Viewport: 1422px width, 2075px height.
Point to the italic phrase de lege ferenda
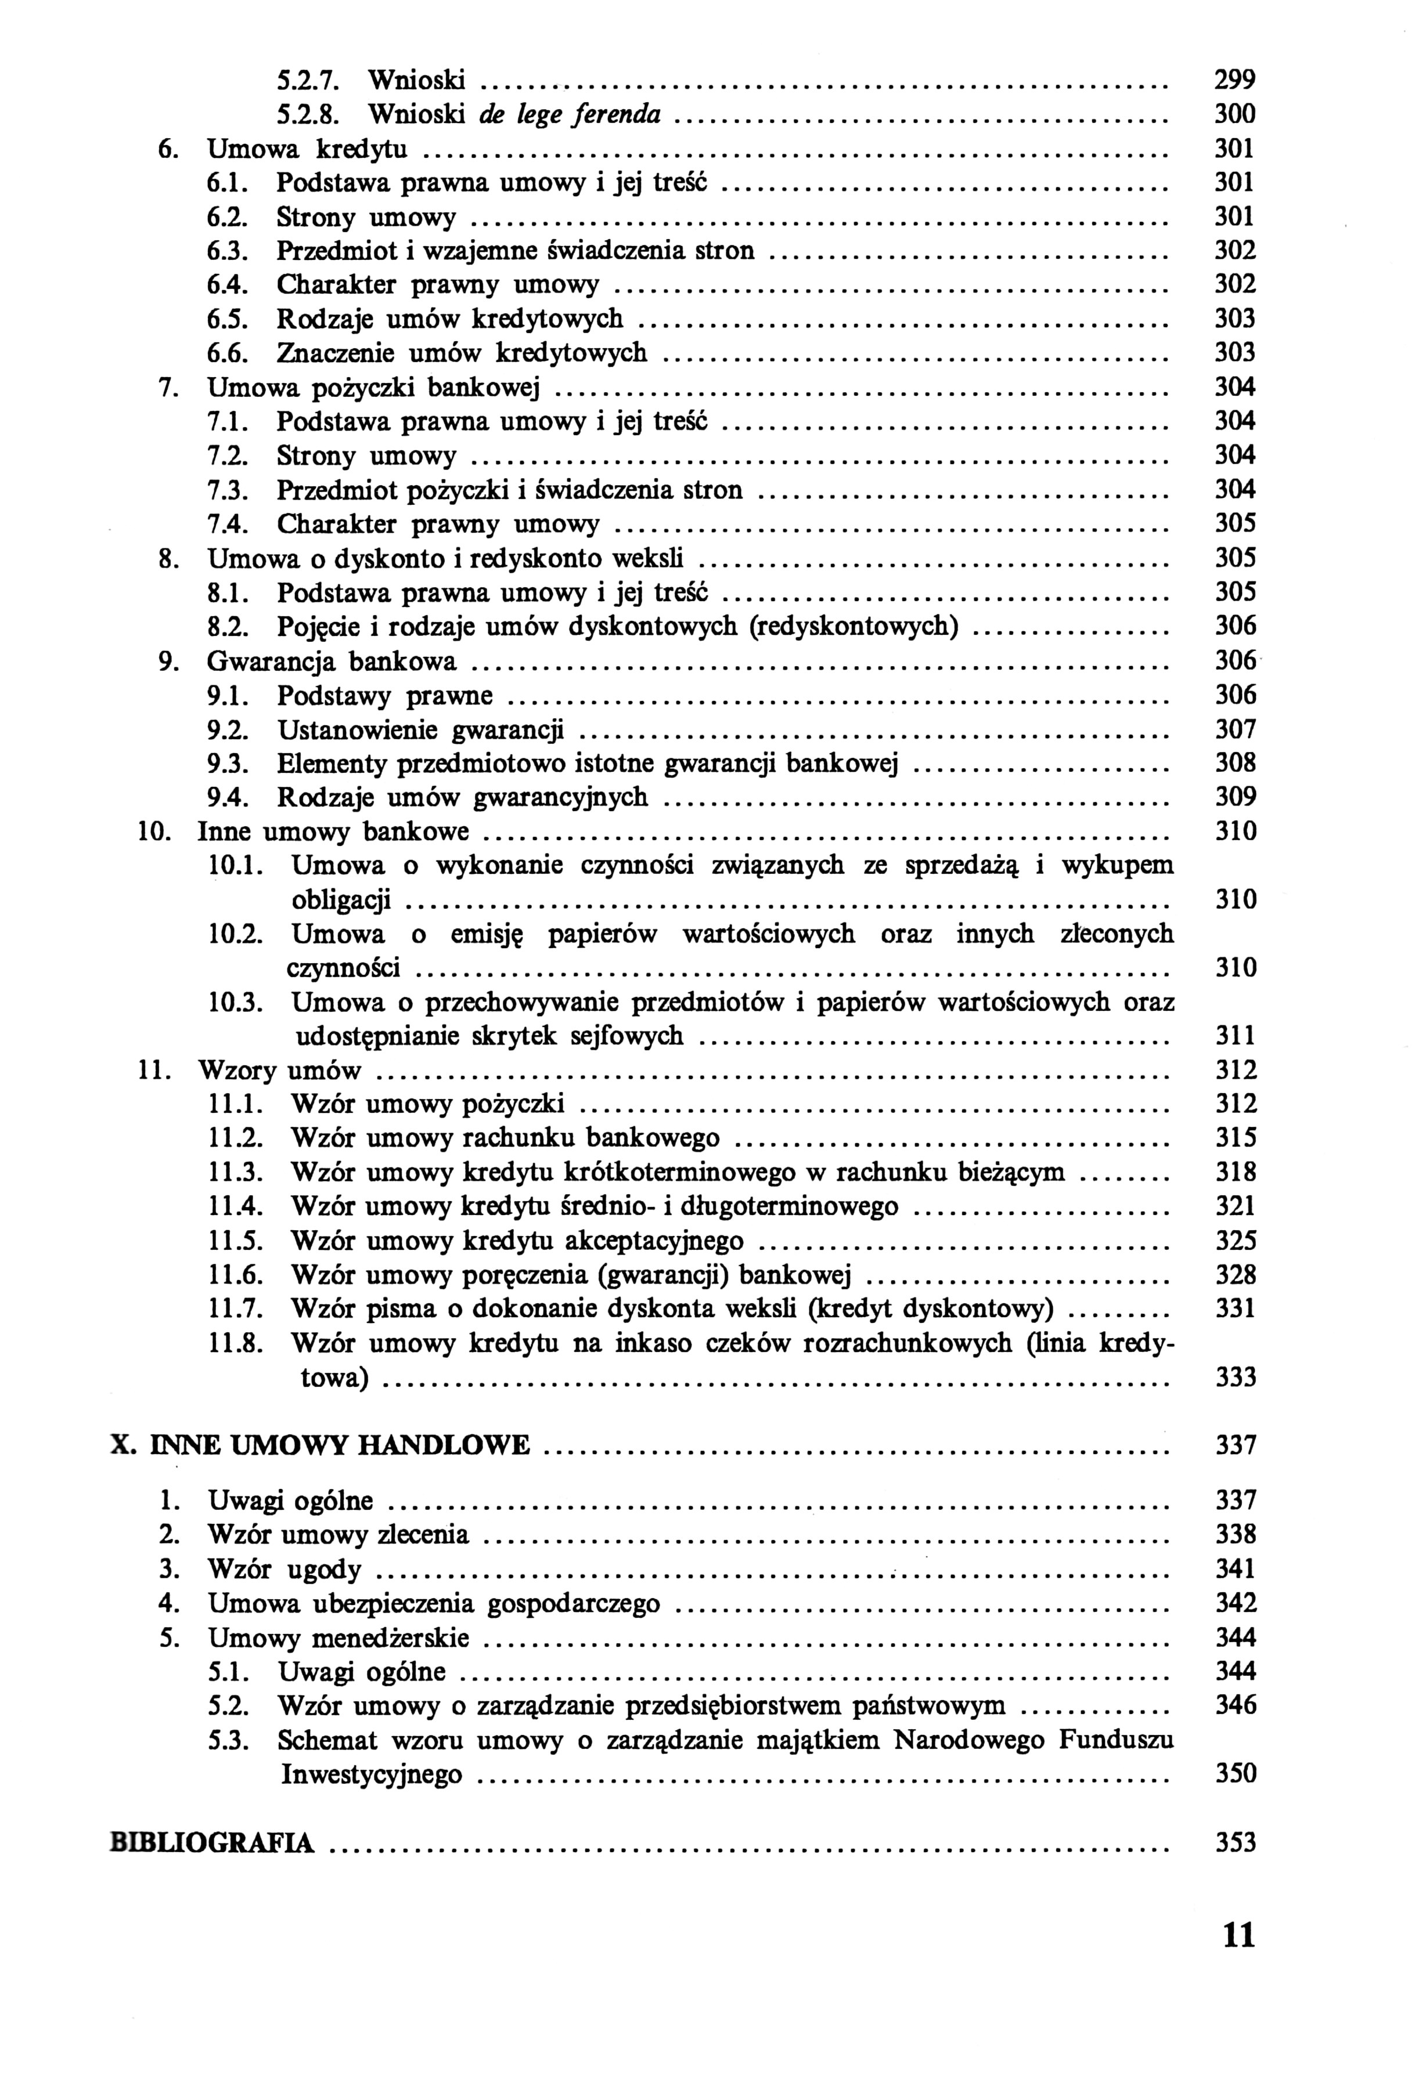pos(570,114)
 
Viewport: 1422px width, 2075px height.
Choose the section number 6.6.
pos(228,353)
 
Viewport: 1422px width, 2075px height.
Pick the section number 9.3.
pos(228,764)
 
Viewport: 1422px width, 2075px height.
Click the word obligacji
pos(341,900)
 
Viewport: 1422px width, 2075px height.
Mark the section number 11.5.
pos(236,1241)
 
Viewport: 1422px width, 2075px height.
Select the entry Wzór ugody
pos(284,1570)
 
